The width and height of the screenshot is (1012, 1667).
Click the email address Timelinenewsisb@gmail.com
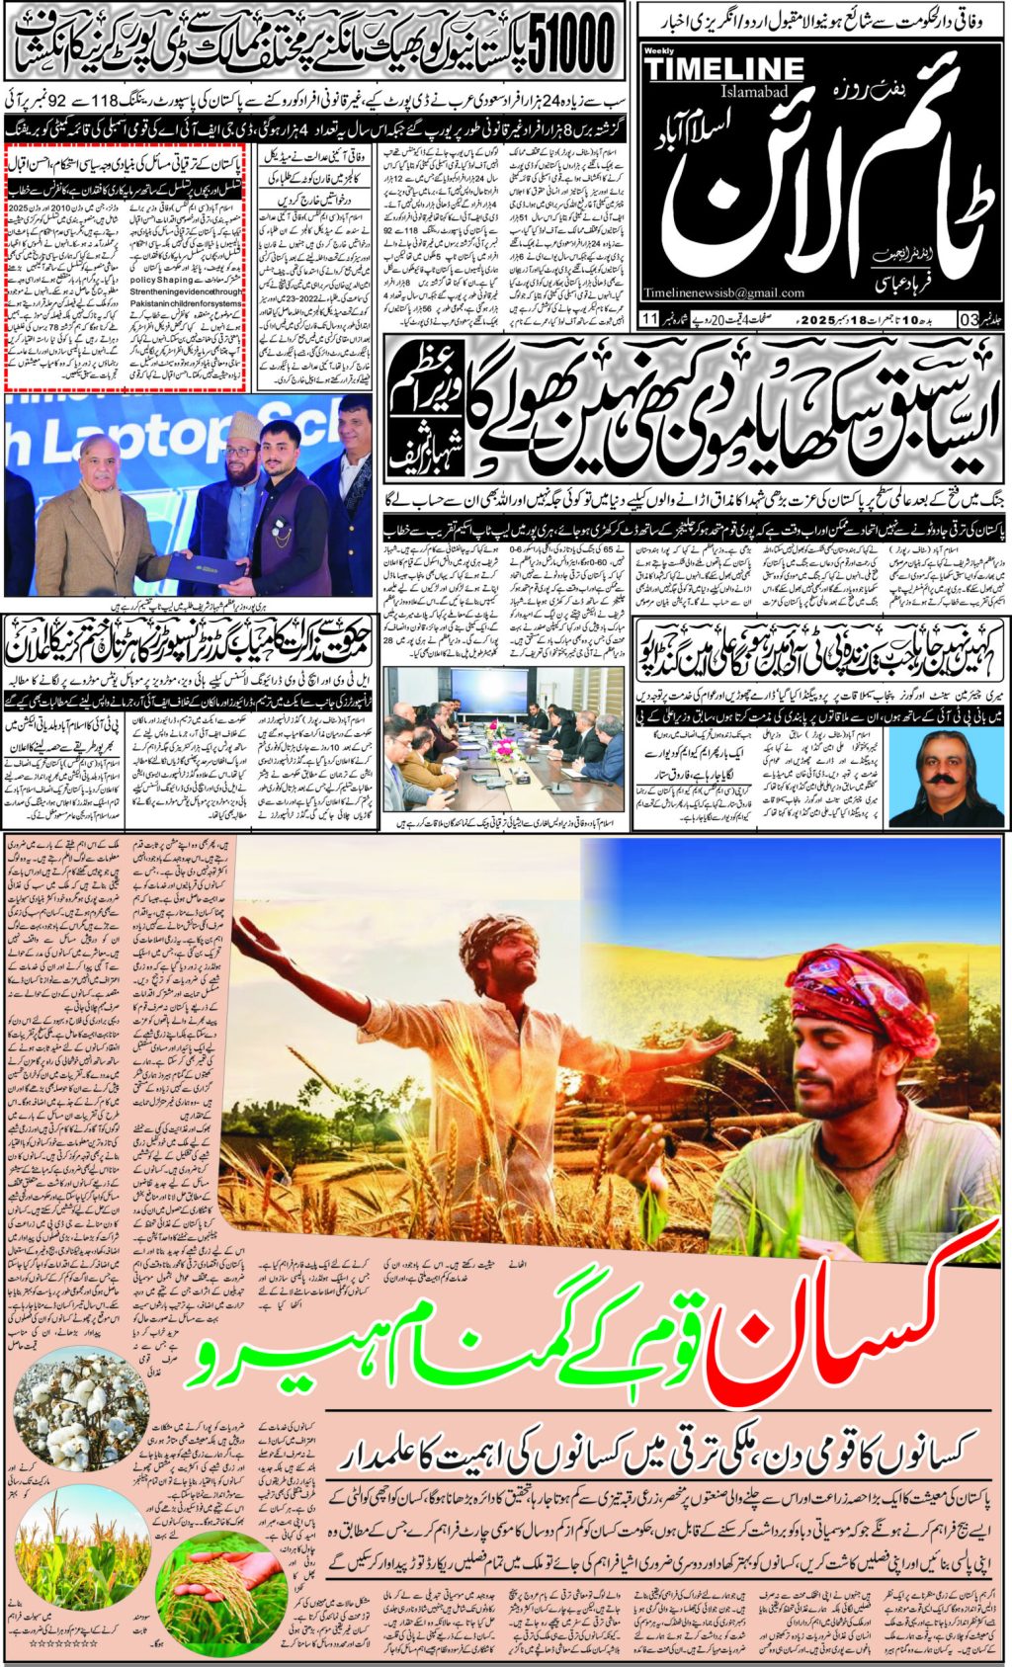tap(722, 292)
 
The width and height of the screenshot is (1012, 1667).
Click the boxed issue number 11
tap(648, 318)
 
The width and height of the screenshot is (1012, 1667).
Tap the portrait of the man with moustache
tap(940, 770)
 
